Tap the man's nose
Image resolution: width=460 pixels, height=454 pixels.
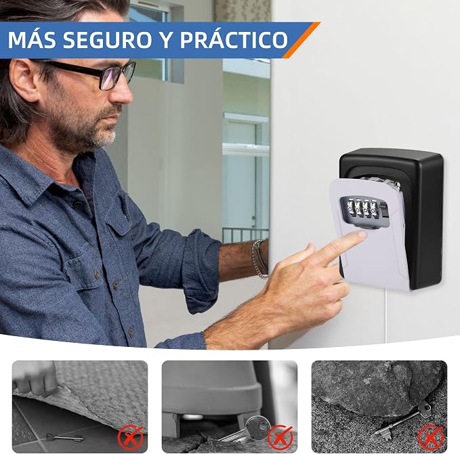[x=123, y=94]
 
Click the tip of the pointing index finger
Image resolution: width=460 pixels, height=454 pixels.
[x=363, y=234]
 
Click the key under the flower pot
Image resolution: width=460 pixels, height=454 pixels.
[x=247, y=430]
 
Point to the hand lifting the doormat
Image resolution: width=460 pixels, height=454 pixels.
[x=35, y=378]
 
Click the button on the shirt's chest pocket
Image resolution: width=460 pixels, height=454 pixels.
[x=115, y=285]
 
